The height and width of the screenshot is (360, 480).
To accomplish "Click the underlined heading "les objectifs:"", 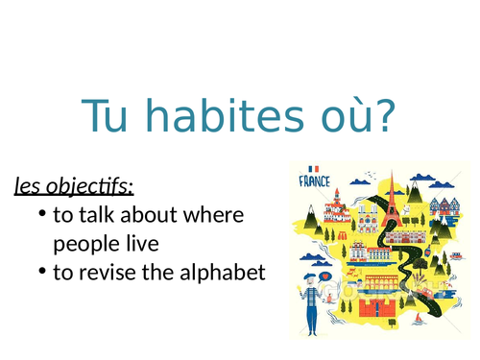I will [x=74, y=184].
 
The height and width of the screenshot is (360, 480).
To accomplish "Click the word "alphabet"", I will [x=218, y=273].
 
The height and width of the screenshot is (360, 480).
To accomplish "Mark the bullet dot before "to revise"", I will [x=42, y=273].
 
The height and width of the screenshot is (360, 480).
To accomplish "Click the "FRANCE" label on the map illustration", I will [x=315, y=180].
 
